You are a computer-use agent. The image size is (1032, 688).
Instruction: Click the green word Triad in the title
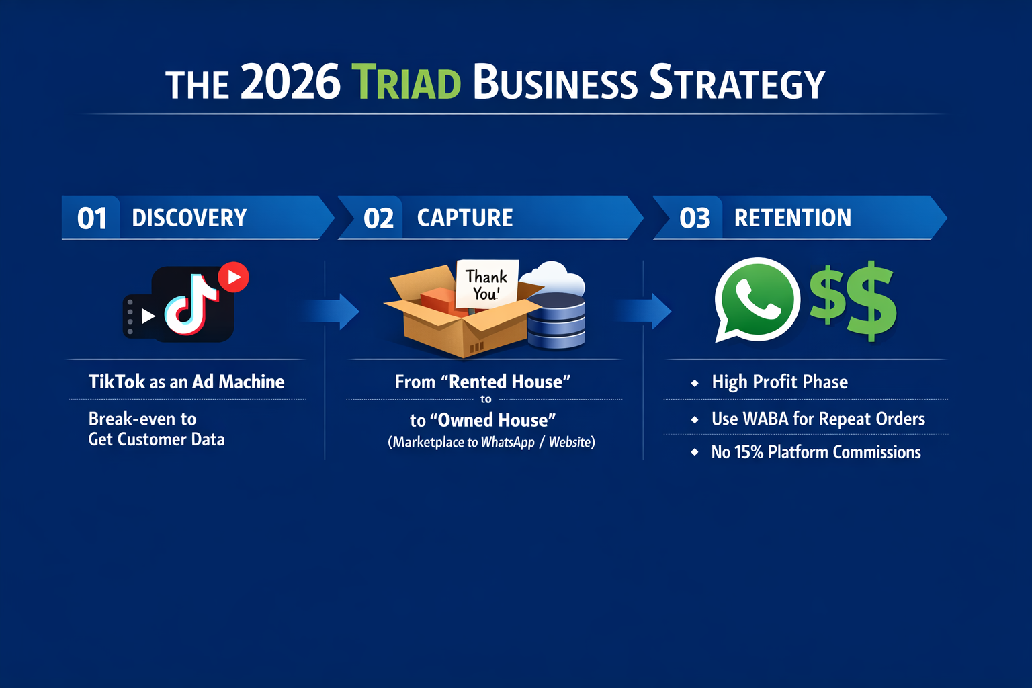(x=406, y=82)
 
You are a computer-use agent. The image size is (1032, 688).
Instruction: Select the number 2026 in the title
(x=290, y=81)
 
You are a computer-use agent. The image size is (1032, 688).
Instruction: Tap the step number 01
(x=92, y=218)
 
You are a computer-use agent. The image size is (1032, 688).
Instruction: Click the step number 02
(x=378, y=218)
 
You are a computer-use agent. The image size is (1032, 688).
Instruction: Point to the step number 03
(x=695, y=218)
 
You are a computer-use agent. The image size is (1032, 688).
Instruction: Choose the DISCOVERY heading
(x=189, y=218)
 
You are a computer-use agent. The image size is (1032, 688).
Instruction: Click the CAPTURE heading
(x=465, y=218)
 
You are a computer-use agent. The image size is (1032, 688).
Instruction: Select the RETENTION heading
(x=792, y=218)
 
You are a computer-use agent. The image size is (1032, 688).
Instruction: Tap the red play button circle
(x=234, y=277)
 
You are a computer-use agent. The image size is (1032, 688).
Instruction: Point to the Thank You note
(x=486, y=284)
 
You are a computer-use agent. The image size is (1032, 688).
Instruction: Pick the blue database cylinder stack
(x=556, y=320)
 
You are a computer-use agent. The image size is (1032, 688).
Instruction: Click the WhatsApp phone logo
(x=757, y=300)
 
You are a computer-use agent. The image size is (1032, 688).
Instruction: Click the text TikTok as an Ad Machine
(x=187, y=382)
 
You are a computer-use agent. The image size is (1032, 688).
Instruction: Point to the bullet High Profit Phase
(x=779, y=382)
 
